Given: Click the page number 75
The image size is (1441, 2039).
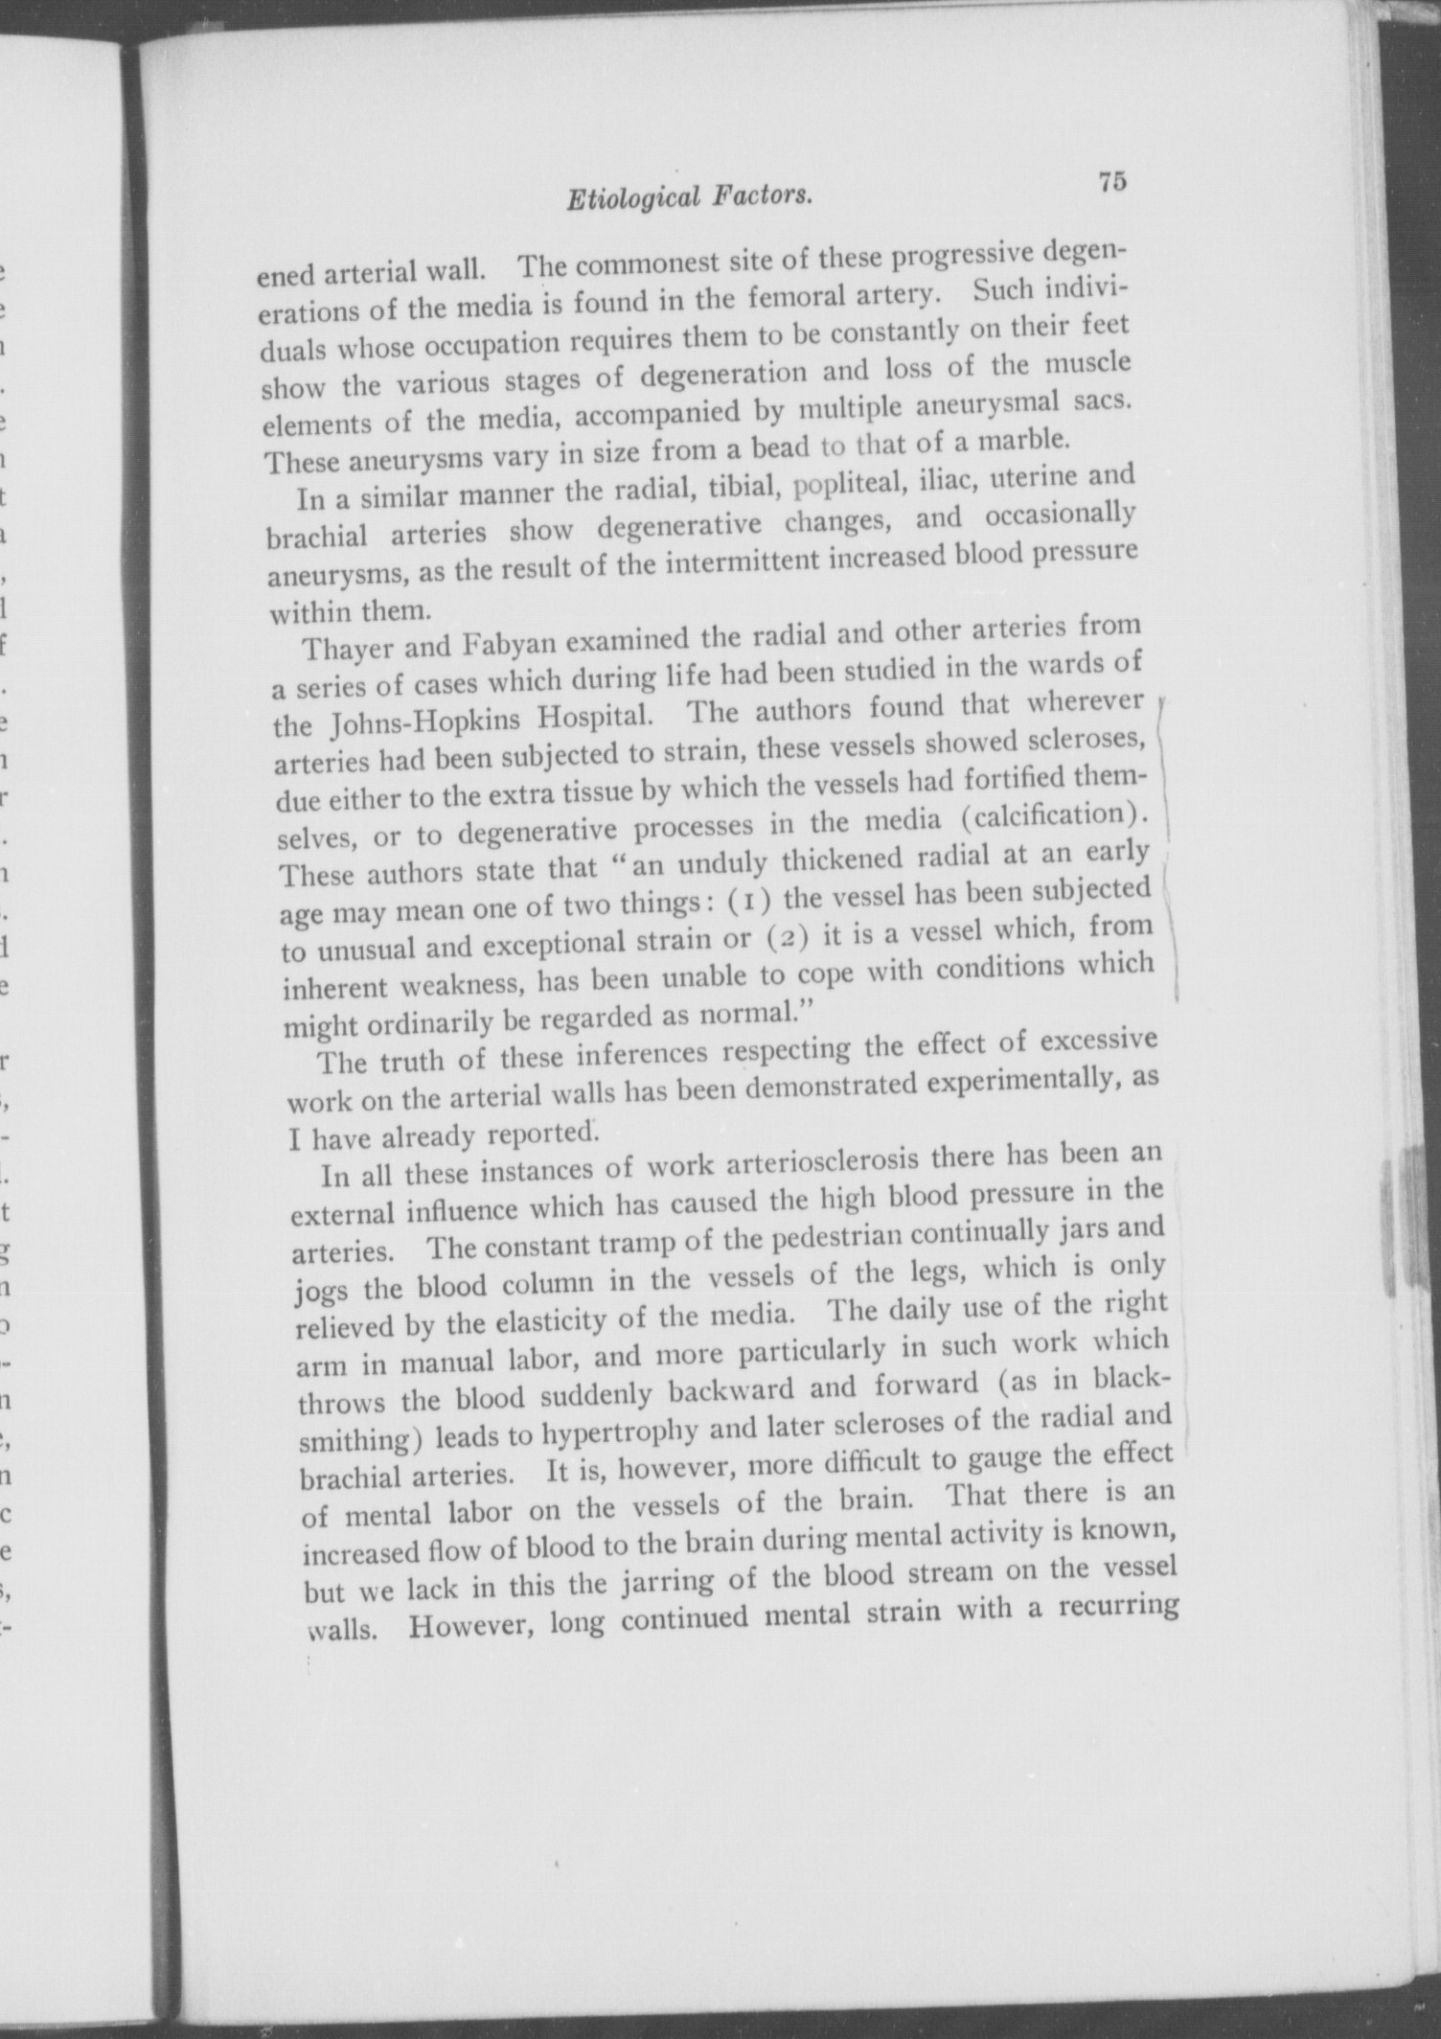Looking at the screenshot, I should [x=1112, y=181].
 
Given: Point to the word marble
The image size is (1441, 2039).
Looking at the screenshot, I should [x=1018, y=440].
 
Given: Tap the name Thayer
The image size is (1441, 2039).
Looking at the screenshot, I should [x=346, y=649].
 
